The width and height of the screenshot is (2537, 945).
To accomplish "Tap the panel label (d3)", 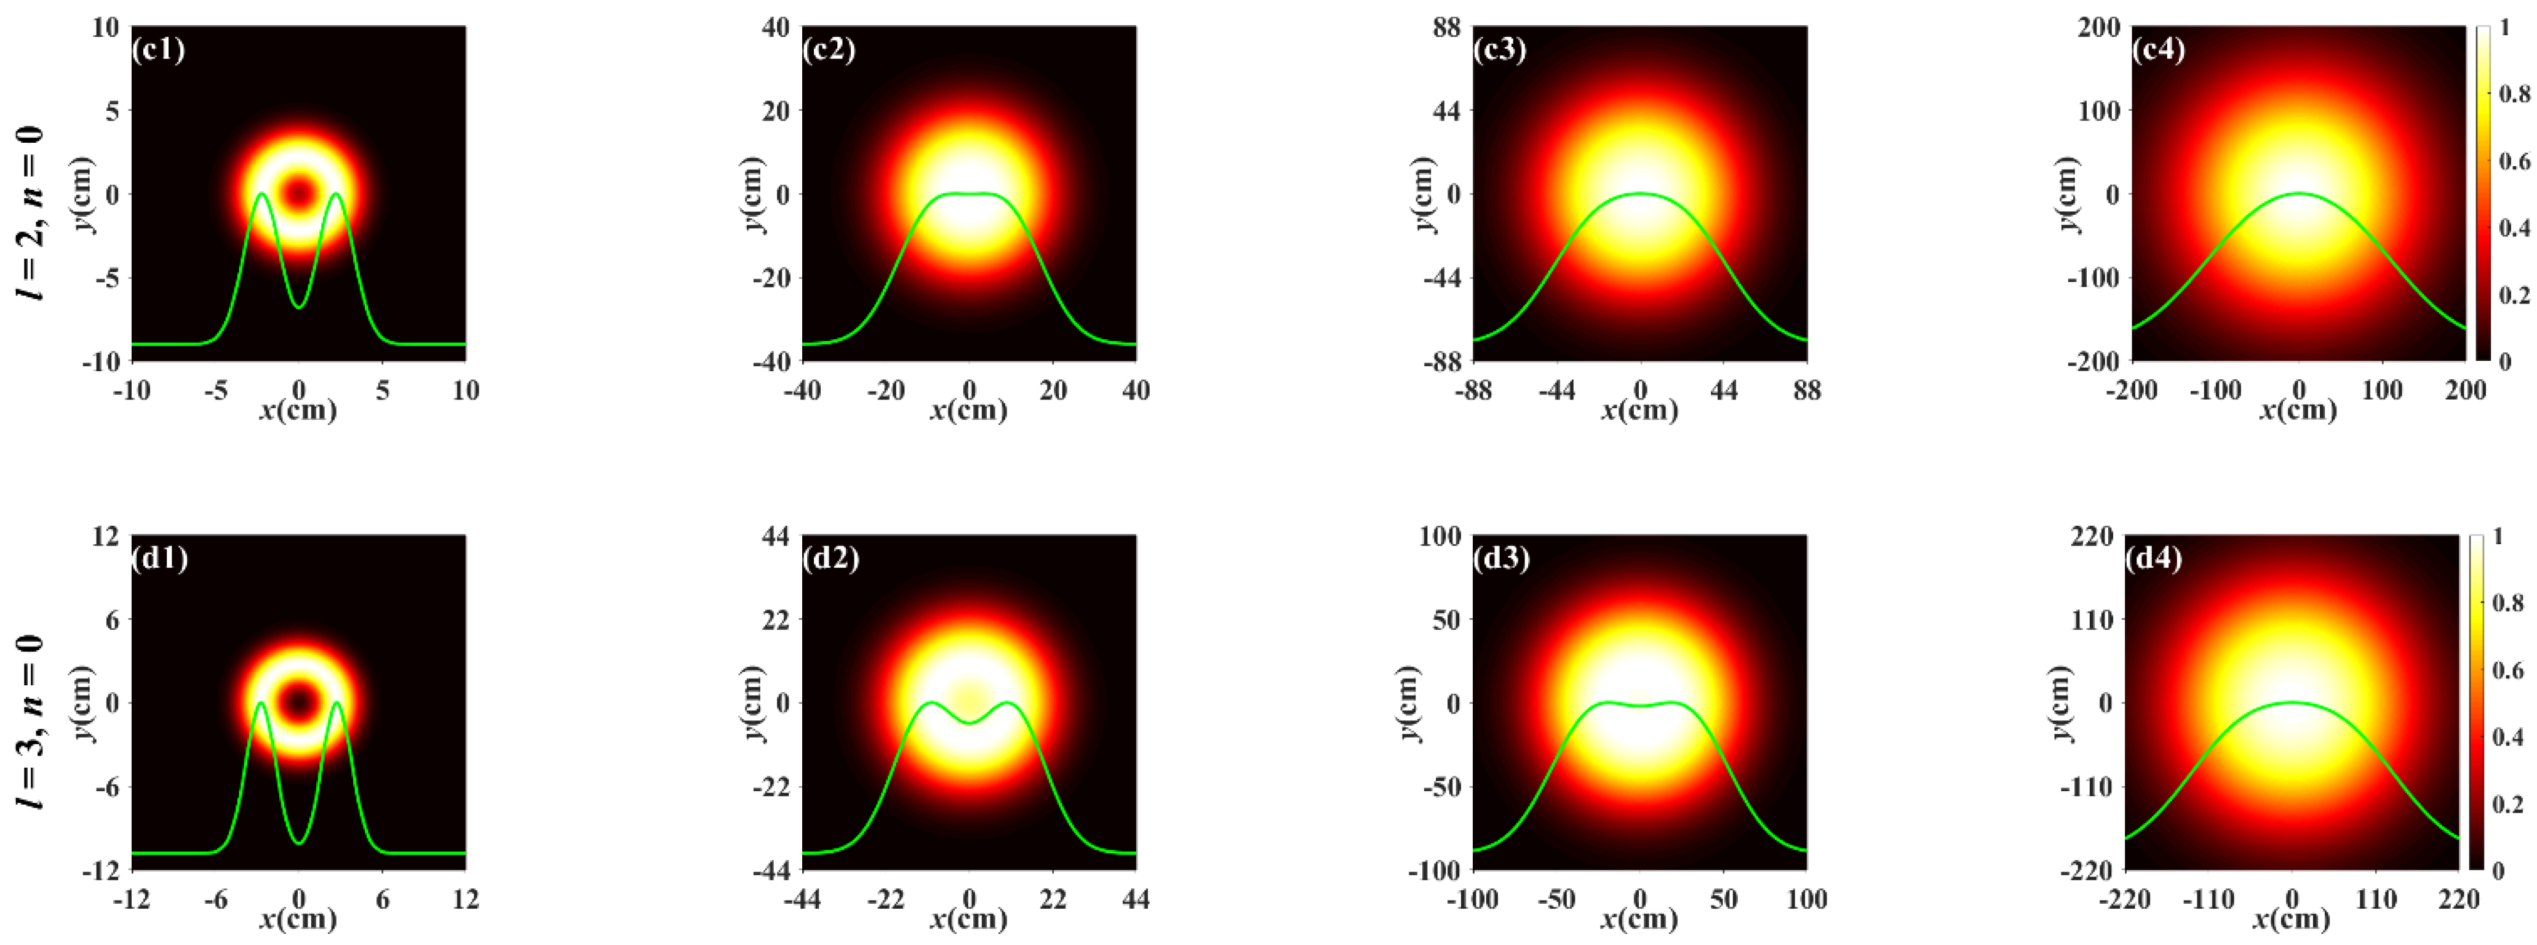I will click(x=1501, y=559).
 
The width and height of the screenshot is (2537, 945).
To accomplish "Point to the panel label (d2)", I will click(x=830, y=559).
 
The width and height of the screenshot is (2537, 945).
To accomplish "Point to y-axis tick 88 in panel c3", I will click(x=1446, y=28).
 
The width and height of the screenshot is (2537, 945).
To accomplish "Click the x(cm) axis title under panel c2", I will click(x=968, y=411).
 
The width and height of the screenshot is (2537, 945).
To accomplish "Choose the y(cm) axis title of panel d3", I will click(x=1409, y=702).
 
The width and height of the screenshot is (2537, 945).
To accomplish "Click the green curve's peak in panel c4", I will click(x=2299, y=193).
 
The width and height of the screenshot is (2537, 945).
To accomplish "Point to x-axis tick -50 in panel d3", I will click(x=1556, y=899).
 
